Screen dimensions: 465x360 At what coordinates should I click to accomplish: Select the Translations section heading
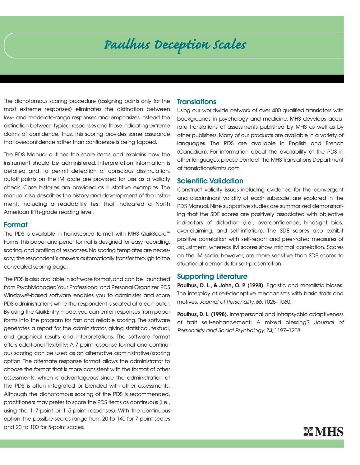[x=196, y=102]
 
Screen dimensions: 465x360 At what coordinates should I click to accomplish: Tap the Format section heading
[x=15, y=224]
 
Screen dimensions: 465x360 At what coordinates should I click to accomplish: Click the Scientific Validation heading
[x=210, y=181]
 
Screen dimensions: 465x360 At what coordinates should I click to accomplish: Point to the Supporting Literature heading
[x=212, y=276]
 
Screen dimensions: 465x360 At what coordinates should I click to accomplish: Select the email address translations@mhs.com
[x=211, y=168]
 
